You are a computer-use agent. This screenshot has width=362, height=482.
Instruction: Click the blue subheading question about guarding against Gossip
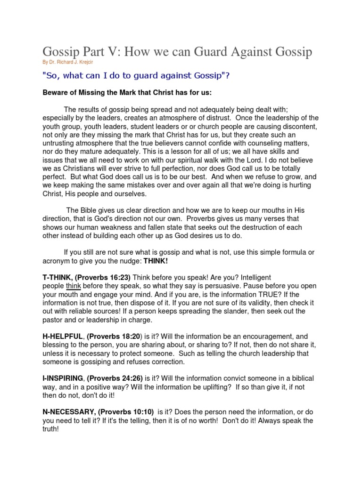136,75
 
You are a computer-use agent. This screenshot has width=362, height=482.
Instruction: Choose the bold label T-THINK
59,278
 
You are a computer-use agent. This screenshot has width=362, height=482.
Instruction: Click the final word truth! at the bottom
50,429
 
